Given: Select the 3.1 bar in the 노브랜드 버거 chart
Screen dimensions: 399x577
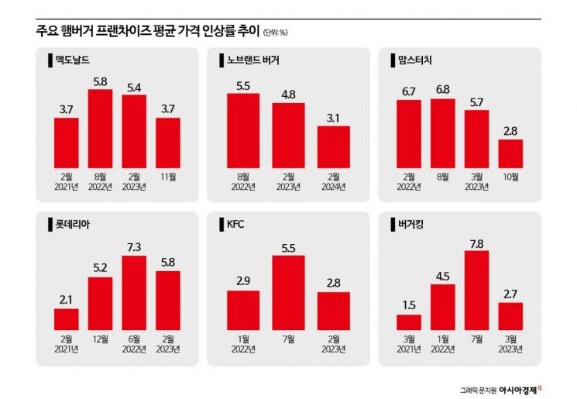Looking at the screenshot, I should click(333, 146).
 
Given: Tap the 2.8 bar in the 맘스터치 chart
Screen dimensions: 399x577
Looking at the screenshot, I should click(510, 153).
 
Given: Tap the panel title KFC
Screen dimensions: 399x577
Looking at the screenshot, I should click(235, 225).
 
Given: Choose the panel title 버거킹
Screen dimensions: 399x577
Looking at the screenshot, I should click(412, 225).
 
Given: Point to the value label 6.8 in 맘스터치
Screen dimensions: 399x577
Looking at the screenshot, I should click(442, 89).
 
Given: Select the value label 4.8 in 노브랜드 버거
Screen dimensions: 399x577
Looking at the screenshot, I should click(288, 94).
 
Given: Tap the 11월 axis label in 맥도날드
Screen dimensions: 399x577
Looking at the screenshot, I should click(168, 177).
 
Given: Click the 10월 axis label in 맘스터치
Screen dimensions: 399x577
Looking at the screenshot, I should click(510, 177).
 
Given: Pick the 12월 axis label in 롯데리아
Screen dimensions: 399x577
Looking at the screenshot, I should click(100, 339).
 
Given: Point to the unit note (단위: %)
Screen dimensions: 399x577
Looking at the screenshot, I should click(275, 33).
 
